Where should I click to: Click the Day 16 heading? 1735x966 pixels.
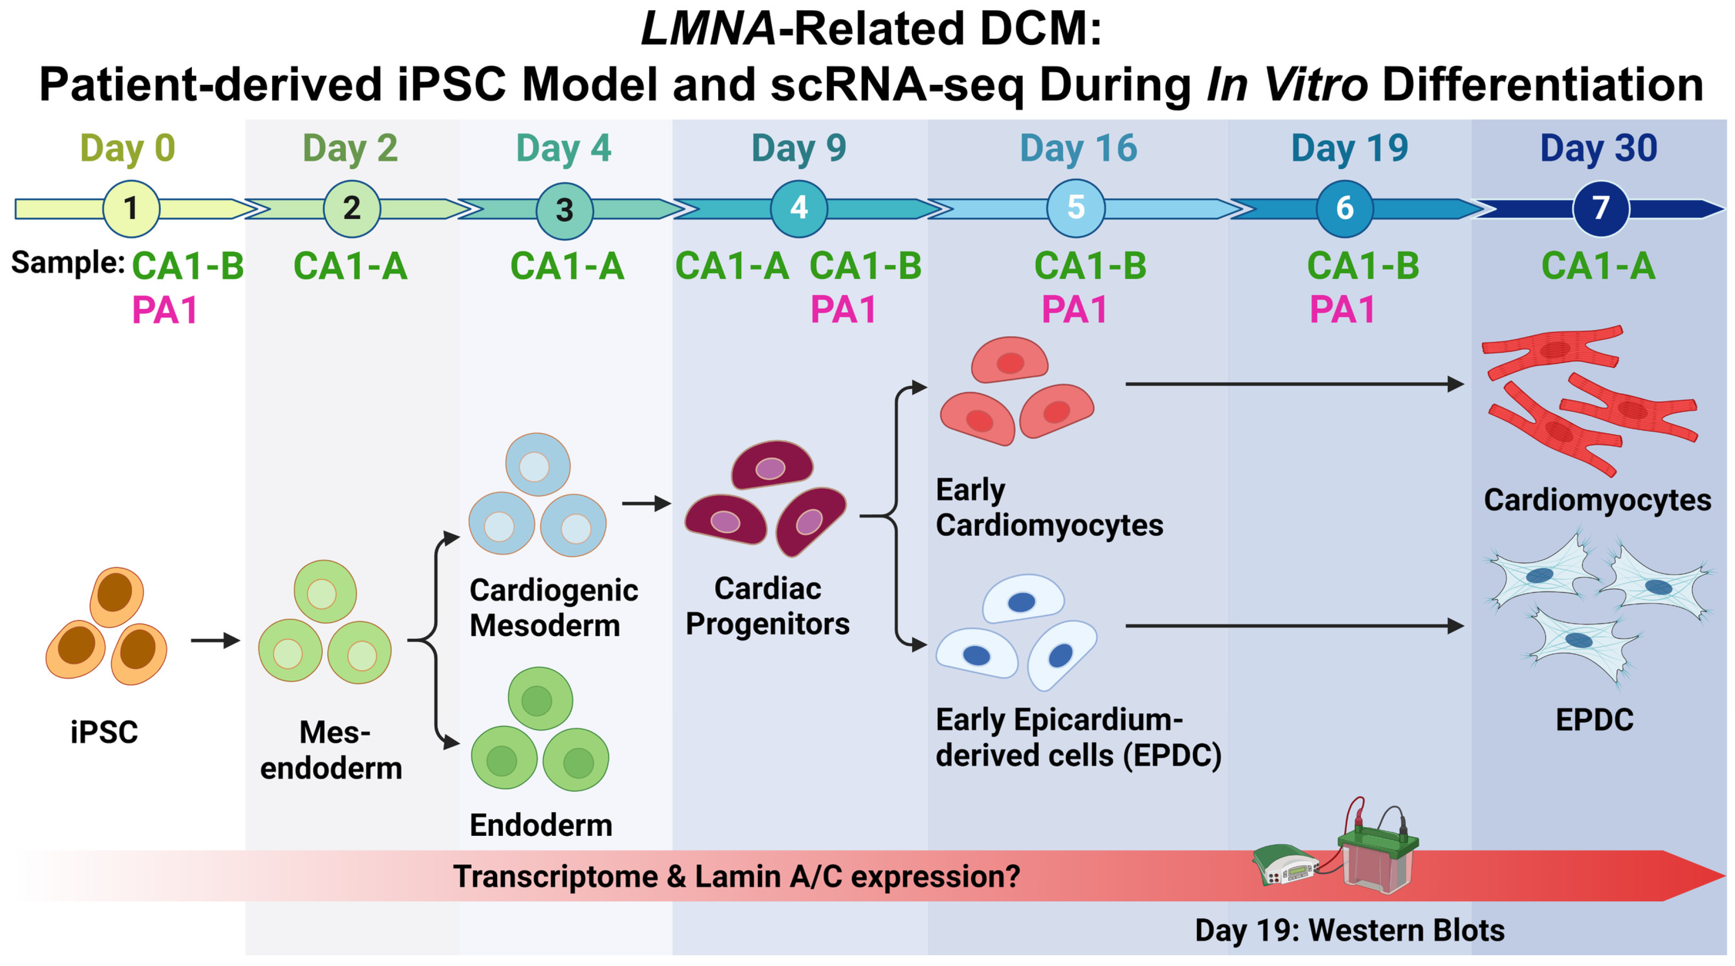[1078, 148]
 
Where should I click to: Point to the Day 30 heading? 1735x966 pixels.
[1598, 148]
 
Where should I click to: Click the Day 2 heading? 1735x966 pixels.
[350, 148]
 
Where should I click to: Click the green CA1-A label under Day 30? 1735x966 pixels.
[1598, 266]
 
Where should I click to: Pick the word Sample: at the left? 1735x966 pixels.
[68, 263]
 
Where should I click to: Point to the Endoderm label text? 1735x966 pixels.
[541, 825]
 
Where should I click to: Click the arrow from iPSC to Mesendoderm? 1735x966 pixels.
[215, 640]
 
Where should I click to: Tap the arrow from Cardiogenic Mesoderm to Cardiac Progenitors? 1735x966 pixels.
[647, 504]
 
